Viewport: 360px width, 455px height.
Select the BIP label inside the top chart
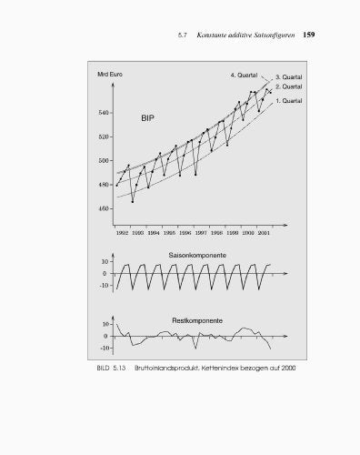150,119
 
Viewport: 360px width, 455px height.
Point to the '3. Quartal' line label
289,77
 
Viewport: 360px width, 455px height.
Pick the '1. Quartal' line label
289,100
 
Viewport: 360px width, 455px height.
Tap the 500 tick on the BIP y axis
104,161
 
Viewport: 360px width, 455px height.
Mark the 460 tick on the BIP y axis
104,208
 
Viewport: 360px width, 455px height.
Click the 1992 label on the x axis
122,232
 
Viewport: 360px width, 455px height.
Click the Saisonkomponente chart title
197,256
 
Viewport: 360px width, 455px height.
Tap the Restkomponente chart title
197,320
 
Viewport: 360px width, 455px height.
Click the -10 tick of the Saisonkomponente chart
105,285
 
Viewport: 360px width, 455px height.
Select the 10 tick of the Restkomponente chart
106,324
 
